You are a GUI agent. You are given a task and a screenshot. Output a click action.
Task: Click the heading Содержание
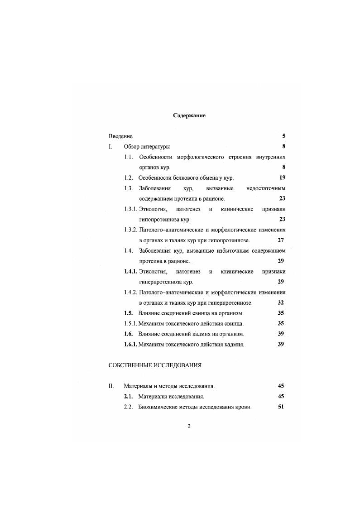(x=189, y=115)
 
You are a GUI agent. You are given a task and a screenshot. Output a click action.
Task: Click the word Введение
(x=120, y=136)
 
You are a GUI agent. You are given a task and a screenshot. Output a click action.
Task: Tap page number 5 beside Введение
(x=283, y=136)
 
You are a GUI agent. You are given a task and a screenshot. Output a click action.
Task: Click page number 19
(x=282, y=178)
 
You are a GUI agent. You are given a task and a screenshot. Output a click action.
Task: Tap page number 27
(x=281, y=240)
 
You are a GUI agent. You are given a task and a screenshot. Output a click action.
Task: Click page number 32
(x=281, y=303)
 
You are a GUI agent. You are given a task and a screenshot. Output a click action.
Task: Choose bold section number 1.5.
(x=129, y=313)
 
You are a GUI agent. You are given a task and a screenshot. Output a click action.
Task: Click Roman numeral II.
(x=110, y=386)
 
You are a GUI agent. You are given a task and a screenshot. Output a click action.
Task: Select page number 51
(x=281, y=407)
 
